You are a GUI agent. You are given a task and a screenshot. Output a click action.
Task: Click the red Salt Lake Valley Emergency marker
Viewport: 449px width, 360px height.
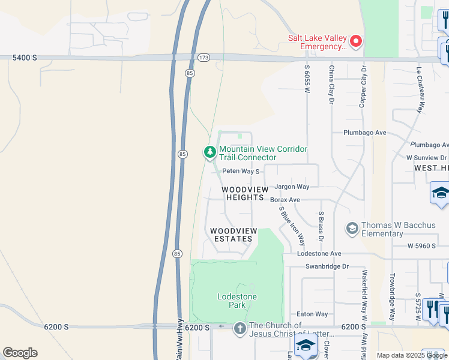coord(356,41)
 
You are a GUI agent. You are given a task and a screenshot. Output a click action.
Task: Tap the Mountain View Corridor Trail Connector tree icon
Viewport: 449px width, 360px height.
coord(210,153)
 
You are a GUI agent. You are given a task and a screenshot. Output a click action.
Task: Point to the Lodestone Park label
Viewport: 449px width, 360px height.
coord(237,301)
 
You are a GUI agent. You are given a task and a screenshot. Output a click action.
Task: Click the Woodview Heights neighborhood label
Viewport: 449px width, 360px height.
coord(243,193)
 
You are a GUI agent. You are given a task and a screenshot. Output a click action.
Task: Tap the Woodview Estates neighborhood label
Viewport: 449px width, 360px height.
coord(233,235)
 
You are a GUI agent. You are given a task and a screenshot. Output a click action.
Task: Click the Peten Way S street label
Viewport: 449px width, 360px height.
coord(241,171)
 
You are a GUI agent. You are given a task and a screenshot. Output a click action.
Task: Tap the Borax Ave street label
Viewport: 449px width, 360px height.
coord(285,200)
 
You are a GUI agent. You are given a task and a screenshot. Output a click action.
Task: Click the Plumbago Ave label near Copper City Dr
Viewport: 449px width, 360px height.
coord(364,133)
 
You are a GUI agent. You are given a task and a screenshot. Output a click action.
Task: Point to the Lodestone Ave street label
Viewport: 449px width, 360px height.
coord(319,254)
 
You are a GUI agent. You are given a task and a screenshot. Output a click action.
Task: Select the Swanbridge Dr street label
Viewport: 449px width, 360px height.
coord(327,266)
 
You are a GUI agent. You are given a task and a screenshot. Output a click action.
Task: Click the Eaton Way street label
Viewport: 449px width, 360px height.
coord(313,314)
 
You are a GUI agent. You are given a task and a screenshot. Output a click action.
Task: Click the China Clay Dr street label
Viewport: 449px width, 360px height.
coord(331,85)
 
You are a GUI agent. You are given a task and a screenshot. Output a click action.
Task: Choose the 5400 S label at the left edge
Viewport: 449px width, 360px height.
coord(25,58)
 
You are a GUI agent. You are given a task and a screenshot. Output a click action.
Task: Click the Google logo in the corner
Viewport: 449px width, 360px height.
coord(20,352)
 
